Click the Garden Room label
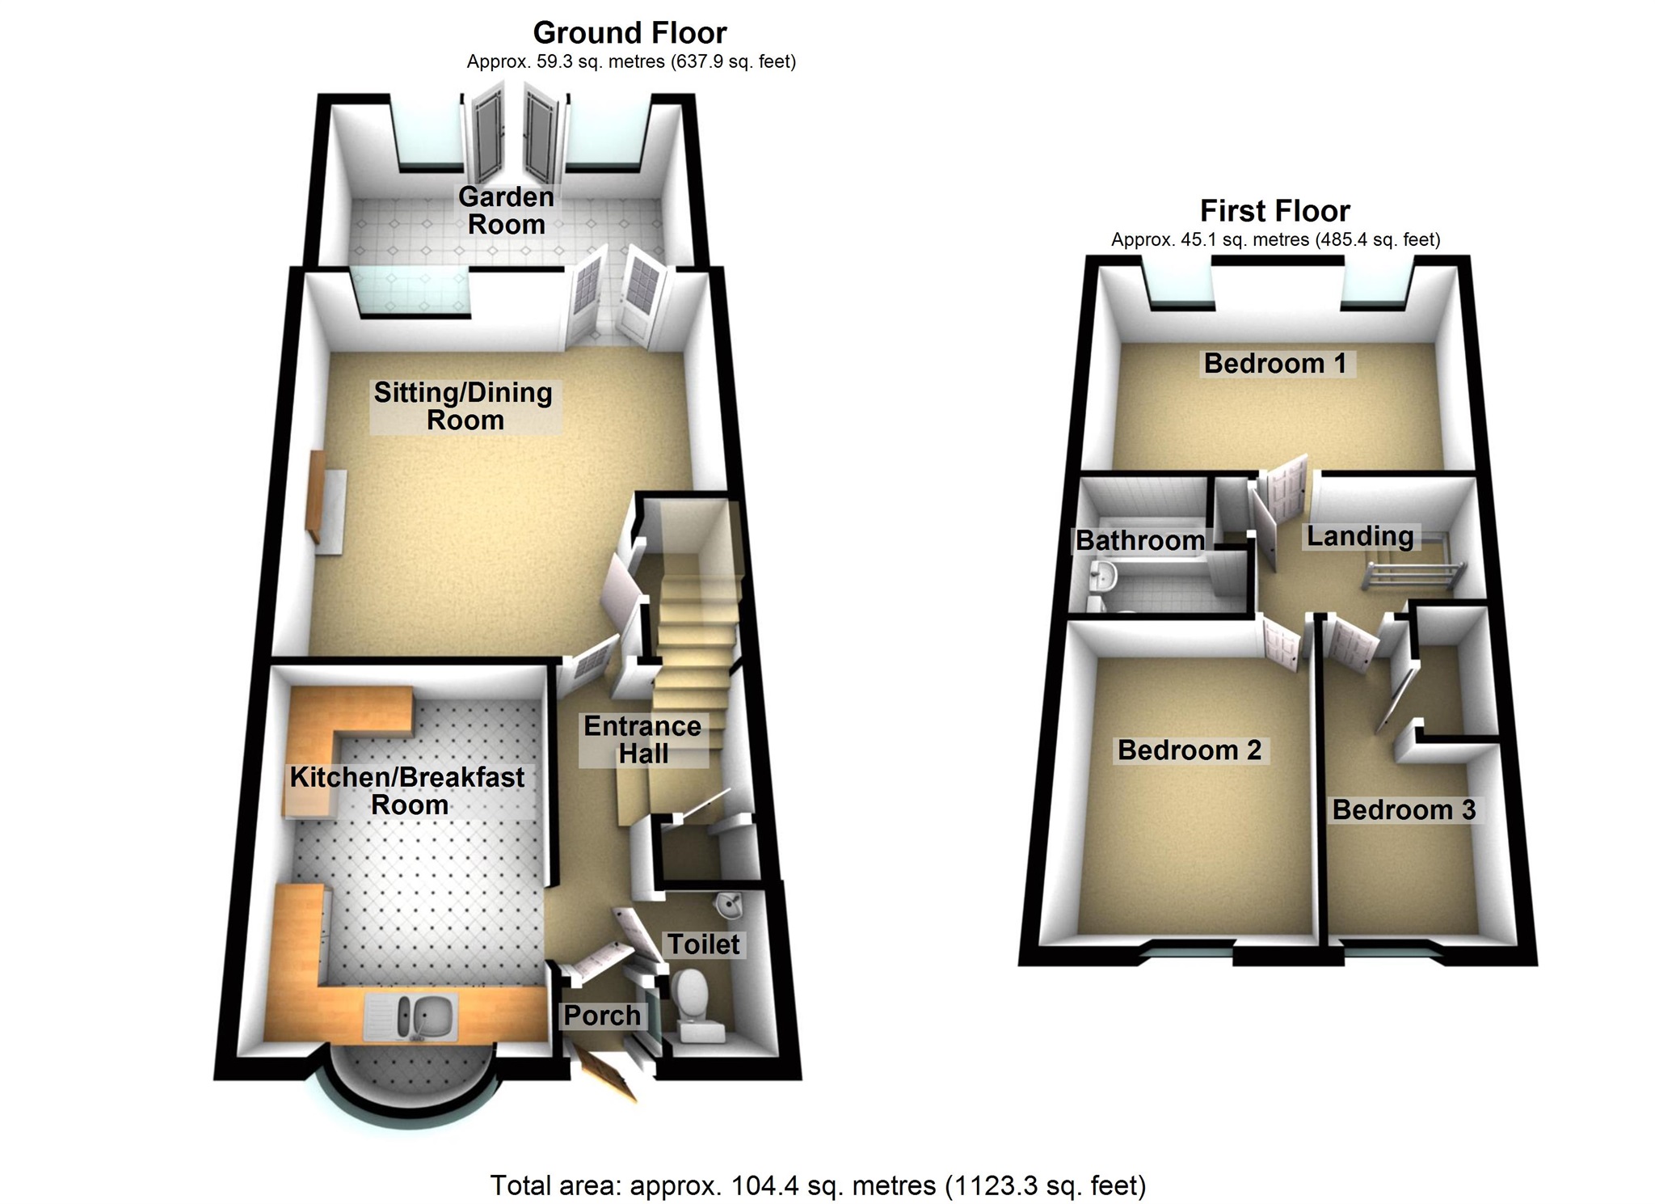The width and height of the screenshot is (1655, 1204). (506, 210)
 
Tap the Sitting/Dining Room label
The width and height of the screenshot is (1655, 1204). (463, 406)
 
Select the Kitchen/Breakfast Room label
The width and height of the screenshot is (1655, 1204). (407, 791)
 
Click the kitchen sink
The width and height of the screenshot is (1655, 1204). (412, 1017)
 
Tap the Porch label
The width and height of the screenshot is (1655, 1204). (602, 1016)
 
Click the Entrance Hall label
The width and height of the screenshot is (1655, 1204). (642, 740)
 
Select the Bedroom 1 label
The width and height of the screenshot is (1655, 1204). (1275, 363)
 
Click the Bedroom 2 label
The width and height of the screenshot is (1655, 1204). (1189, 750)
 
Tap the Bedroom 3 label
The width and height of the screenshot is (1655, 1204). (1404, 809)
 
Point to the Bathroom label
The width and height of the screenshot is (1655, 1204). (1139, 540)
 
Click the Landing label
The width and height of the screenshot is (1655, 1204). (1360, 535)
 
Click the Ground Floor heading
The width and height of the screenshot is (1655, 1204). (630, 33)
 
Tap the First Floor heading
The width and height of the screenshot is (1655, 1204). (1274, 211)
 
